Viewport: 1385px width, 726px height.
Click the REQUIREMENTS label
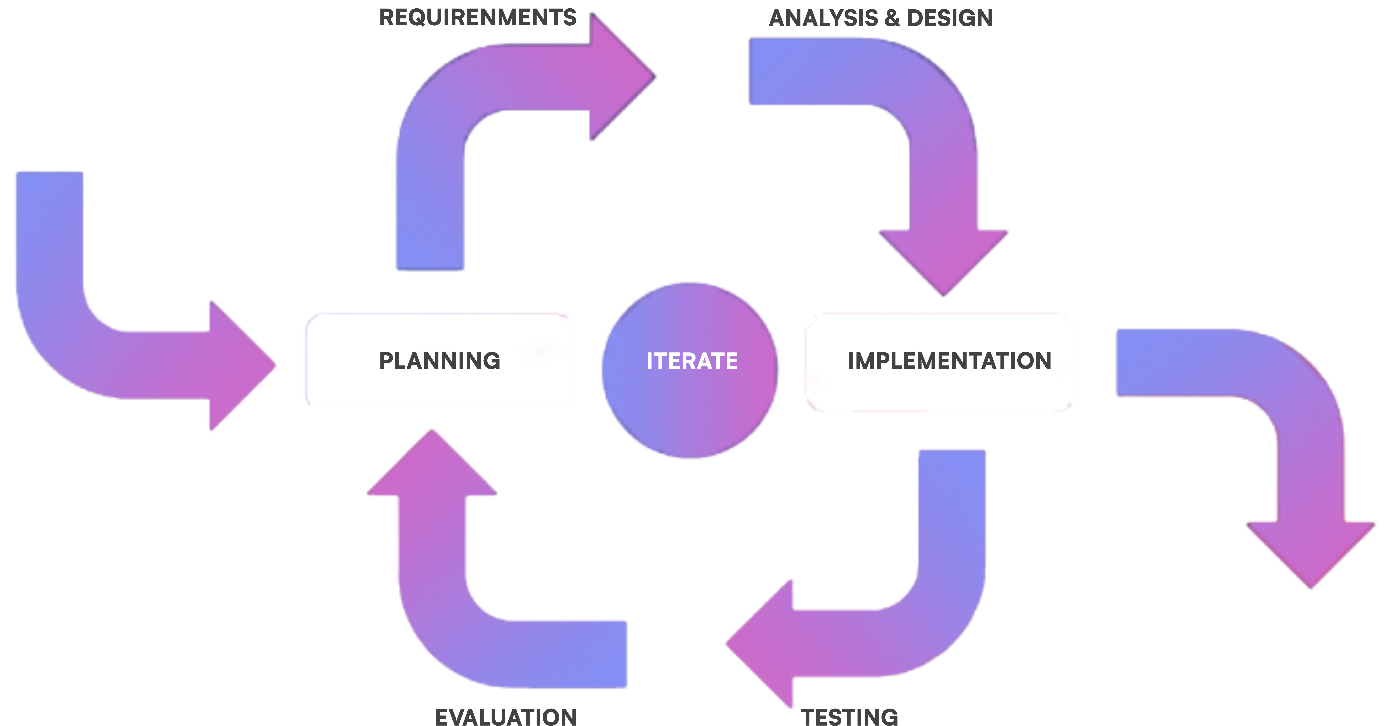[477, 18]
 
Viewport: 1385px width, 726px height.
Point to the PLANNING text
[440, 361]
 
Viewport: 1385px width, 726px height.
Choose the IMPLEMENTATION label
[949, 361]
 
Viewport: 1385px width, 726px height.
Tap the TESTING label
[849, 717]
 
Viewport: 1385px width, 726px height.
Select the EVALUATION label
[506, 717]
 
